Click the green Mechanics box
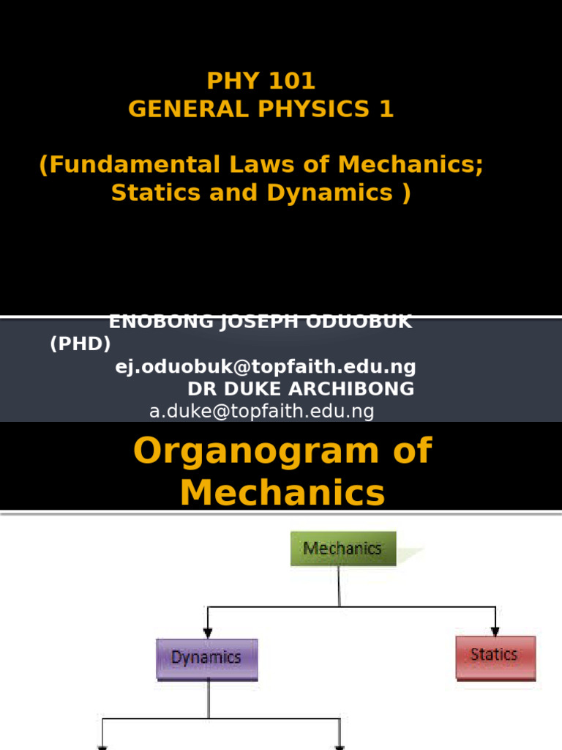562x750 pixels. pyautogui.click(x=342, y=549)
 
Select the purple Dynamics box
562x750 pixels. pyautogui.click(x=206, y=658)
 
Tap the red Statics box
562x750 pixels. pyautogui.click(x=495, y=655)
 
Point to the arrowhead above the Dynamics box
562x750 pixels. pyautogui.click(x=208, y=632)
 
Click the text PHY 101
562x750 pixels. pyautogui.click(x=261, y=81)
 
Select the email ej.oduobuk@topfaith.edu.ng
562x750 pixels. pyautogui.click(x=266, y=366)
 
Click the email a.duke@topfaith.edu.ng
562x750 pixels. pyautogui.click(x=261, y=412)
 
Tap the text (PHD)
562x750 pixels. pyautogui.click(x=80, y=344)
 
